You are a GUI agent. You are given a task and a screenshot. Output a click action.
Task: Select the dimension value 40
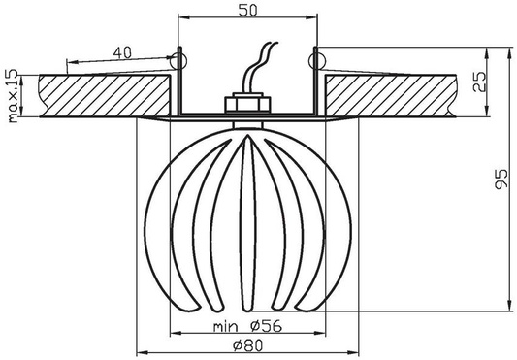[x=123, y=51]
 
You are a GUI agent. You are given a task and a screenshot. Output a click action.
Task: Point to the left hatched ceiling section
[x=97, y=95]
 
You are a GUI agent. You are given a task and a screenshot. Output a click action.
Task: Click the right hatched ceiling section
[x=388, y=95]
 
